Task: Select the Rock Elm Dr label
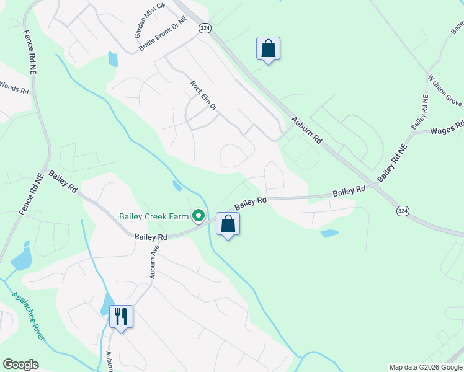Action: pyautogui.click(x=203, y=96)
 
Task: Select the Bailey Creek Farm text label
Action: pyautogui.click(x=154, y=216)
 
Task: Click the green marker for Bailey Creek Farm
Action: pyautogui.click(x=199, y=216)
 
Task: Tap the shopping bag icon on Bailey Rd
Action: pyautogui.click(x=228, y=224)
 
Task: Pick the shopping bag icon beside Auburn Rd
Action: pyautogui.click(x=268, y=48)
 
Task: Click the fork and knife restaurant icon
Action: pyautogui.click(x=120, y=317)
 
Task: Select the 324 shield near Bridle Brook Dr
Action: pyautogui.click(x=205, y=29)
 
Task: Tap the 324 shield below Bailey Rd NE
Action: pyautogui.click(x=403, y=211)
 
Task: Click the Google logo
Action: pyautogui.click(x=20, y=365)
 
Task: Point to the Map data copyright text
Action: pyautogui.click(x=425, y=367)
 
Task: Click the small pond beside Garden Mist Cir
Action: pyautogui.click(x=113, y=60)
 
